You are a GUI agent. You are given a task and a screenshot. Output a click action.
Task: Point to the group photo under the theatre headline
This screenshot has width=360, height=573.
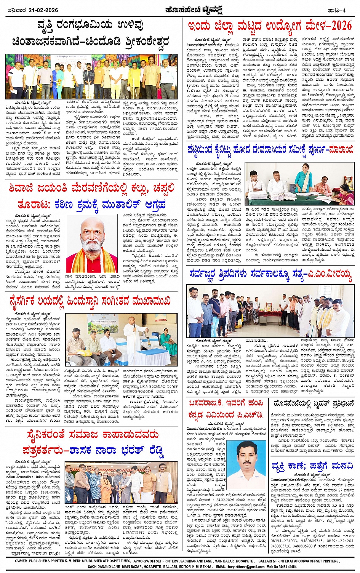coord(91,76)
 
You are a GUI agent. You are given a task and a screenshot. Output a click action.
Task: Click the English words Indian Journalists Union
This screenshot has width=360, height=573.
coord(24,477)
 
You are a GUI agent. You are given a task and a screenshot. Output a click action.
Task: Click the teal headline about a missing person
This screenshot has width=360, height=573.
coord(312,466)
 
